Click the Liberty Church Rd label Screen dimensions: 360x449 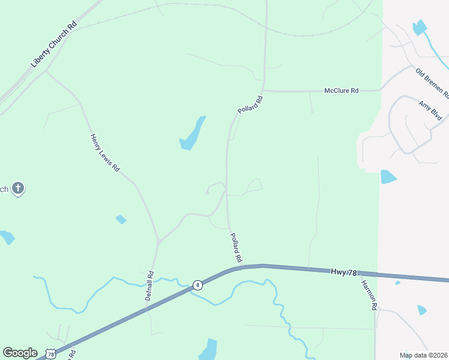[55, 46]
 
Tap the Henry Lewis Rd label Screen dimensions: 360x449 [105, 152]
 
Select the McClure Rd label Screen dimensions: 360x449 [341, 91]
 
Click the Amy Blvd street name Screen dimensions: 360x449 [430, 110]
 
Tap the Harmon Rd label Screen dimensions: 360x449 [369, 296]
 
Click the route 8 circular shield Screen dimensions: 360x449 [198, 285]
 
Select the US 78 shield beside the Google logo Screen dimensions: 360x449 [52, 354]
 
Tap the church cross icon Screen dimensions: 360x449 [18, 189]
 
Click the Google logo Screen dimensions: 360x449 [20, 353]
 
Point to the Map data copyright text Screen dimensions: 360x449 [423, 355]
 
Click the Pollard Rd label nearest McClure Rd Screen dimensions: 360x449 [250, 104]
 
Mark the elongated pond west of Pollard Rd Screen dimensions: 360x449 [193, 134]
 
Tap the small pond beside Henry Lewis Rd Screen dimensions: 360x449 [121, 219]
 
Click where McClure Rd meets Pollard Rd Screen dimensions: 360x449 [263, 91]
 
